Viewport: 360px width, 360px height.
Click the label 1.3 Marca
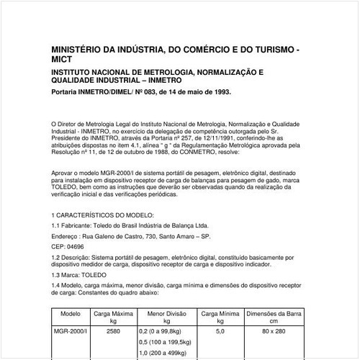pos(67,276)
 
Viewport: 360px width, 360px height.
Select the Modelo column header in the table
pos(71,315)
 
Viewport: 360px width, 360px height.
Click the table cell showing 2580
pos(113,331)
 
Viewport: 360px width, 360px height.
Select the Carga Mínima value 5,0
pos(220,331)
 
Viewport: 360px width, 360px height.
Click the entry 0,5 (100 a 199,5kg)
pos(166,343)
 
